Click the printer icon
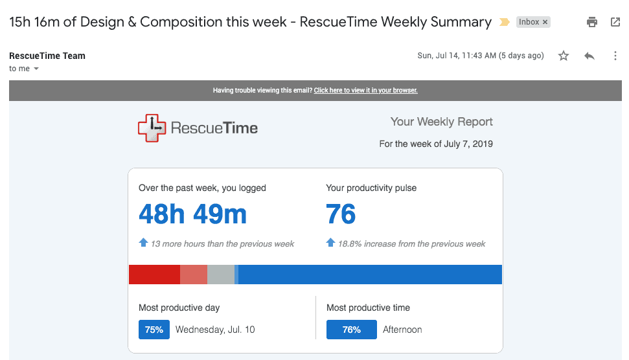(591, 22)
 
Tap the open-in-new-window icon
(615, 22)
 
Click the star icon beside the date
(564, 56)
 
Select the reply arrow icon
(589, 56)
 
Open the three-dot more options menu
(615, 56)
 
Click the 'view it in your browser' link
(365, 91)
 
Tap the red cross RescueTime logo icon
(152, 128)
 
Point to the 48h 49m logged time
(192, 214)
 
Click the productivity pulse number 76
(341, 214)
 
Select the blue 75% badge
(154, 330)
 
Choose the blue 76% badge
(352, 330)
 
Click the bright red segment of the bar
(154, 275)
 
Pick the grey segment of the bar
(220, 275)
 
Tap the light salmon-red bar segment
(194, 275)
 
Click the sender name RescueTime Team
(47, 56)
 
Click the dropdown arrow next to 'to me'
(36, 69)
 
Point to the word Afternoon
(402, 330)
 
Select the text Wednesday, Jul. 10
(215, 330)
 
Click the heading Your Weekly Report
(441, 122)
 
